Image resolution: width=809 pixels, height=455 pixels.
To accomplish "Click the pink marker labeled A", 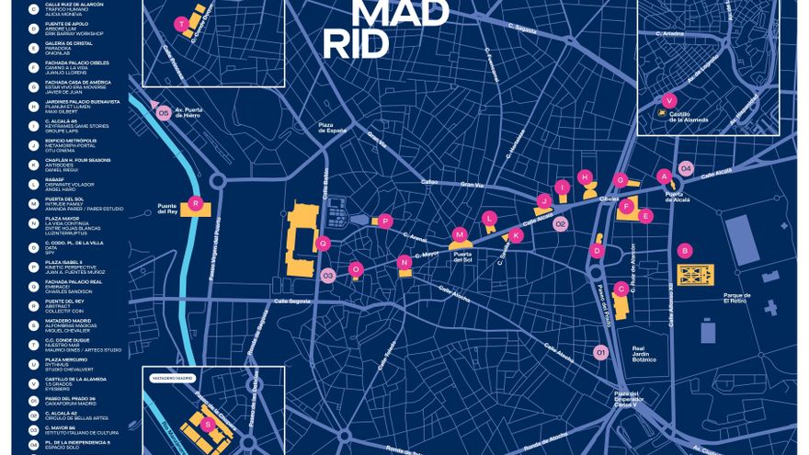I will tap(664, 176).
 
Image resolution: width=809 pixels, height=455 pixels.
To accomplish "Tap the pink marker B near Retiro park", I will tap(684, 250).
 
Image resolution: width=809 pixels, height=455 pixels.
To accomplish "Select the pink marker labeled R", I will tap(194, 202).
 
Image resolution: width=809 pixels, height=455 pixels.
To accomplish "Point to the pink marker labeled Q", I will tap(322, 244).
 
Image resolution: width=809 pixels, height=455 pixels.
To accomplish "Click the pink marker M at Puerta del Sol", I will tap(459, 235).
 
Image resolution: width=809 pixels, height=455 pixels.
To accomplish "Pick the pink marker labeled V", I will tap(669, 100).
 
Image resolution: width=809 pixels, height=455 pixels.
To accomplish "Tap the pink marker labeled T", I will tap(182, 23).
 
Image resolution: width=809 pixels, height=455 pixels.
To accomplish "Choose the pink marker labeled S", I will tap(207, 424).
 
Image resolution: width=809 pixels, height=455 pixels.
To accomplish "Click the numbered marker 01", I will tap(601, 351).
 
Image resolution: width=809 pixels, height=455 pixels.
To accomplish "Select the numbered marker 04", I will tap(685, 167).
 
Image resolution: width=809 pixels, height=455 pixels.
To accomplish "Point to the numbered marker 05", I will tap(164, 113).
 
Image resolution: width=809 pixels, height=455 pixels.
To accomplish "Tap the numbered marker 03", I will tap(328, 275).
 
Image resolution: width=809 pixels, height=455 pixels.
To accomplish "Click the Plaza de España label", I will tap(333, 127).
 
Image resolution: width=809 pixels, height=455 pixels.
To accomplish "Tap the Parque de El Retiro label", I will tap(737, 298).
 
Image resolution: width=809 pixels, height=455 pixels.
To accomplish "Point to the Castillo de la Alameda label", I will tap(691, 117).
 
